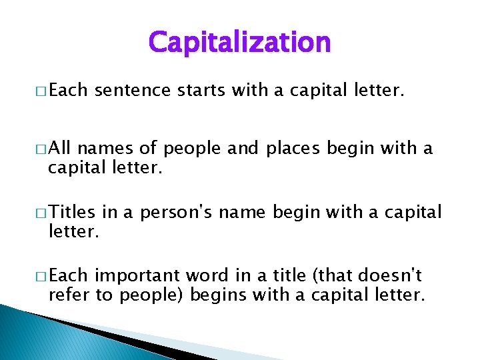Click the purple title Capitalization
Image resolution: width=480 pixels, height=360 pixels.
(239, 43)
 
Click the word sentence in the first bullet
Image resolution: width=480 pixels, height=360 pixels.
(133, 91)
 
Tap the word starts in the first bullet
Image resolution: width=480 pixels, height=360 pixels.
(202, 91)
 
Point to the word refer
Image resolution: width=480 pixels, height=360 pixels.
(69, 295)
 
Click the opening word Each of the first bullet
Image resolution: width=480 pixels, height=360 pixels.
(68, 91)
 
